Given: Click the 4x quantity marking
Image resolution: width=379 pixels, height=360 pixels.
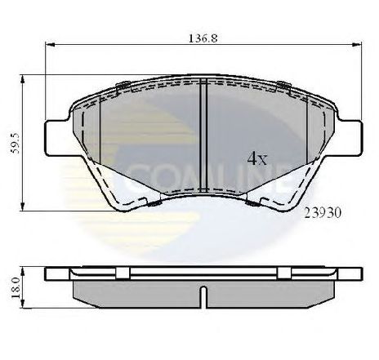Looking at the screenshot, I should (257, 158).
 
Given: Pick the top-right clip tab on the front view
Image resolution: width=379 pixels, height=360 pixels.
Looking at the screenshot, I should (283, 87).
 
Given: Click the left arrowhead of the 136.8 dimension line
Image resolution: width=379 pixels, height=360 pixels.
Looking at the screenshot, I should (48, 45).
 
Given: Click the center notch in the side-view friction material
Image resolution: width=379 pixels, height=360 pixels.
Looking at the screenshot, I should (202, 291).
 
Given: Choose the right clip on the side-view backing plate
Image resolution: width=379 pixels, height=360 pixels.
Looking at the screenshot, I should (283, 273).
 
